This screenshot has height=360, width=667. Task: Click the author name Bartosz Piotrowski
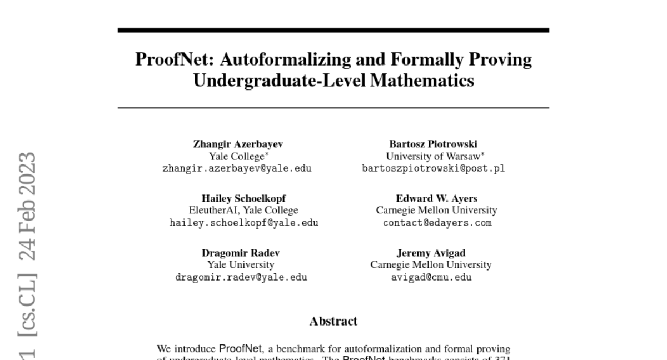tap(433, 144)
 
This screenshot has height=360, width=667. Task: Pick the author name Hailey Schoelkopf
tap(243, 198)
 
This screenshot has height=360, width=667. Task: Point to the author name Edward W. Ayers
tap(436, 198)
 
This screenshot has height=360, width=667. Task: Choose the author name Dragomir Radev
tap(241, 253)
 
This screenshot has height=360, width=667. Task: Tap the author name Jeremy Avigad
tap(431, 253)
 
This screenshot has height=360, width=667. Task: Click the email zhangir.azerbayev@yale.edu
tap(237, 168)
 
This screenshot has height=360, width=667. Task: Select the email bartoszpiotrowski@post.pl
tap(434, 168)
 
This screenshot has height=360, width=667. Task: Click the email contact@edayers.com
tap(437, 223)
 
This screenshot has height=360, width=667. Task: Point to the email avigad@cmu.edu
tap(431, 277)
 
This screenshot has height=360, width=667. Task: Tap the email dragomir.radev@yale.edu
tap(241, 277)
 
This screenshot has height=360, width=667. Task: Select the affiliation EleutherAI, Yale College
tap(243, 211)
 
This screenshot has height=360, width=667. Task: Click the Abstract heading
tap(333, 321)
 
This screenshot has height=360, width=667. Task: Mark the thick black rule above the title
tap(333, 30)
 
